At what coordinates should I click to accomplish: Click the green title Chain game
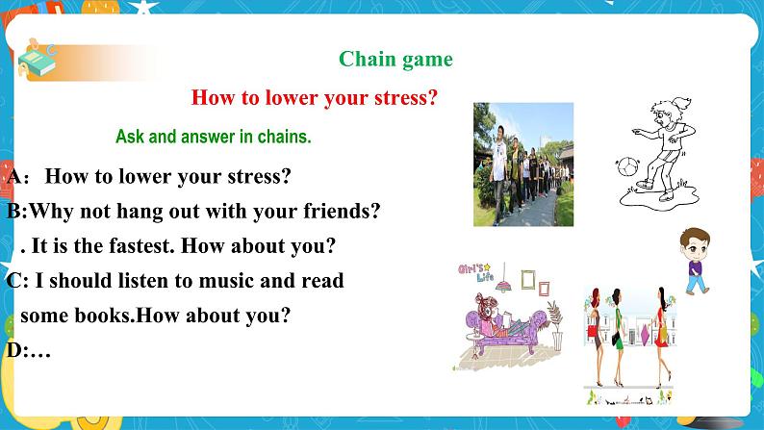pyautogui.click(x=395, y=60)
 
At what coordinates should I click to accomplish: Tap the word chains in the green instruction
pyautogui.click(x=284, y=137)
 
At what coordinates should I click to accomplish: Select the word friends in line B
pyautogui.click(x=342, y=211)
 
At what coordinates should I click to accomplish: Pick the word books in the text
pyautogui.click(x=104, y=316)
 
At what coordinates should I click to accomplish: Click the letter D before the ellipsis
pyautogui.click(x=13, y=349)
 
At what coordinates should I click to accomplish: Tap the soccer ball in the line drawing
pyautogui.click(x=627, y=166)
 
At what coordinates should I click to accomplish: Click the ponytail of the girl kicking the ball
pyautogui.click(x=681, y=102)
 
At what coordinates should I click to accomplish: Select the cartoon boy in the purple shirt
pyautogui.click(x=696, y=261)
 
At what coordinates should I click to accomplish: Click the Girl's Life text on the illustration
pyautogui.click(x=476, y=272)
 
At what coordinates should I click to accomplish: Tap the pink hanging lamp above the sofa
pyautogui.click(x=504, y=285)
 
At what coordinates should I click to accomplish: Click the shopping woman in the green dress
pyautogui.click(x=617, y=337)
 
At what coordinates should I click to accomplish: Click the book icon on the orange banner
pyautogui.click(x=37, y=61)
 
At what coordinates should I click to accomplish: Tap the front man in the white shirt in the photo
pyautogui.click(x=498, y=173)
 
